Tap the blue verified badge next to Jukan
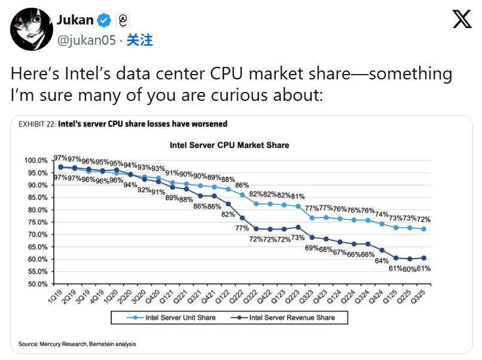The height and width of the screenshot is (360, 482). (x=104, y=20)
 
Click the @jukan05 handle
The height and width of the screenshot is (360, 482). (x=86, y=40)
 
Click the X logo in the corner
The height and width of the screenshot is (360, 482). (x=462, y=19)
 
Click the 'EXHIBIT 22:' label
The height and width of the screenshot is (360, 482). (x=37, y=124)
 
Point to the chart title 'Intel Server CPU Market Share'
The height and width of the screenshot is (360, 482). (x=229, y=145)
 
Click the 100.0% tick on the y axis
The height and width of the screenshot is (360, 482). (x=35, y=161)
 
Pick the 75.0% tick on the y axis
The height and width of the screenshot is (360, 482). (x=36, y=222)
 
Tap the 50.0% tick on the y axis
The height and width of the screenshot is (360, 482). (x=36, y=284)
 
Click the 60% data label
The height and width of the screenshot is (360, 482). (x=409, y=269)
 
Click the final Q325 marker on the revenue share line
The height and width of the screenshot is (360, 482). (x=424, y=258)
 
